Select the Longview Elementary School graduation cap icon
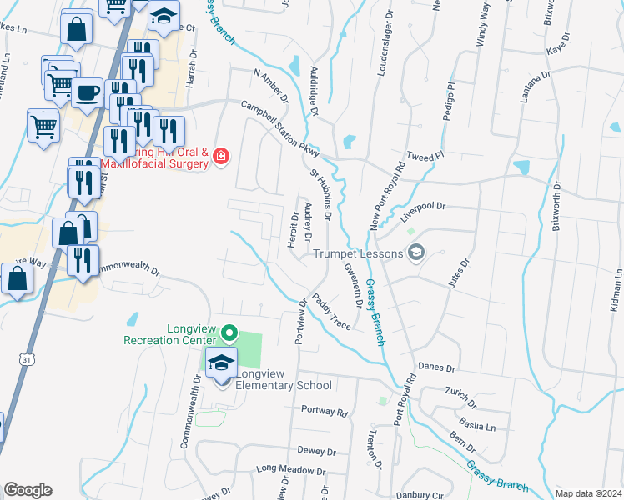click(x=222, y=362)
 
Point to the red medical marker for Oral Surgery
click(x=221, y=156)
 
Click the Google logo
click(x=28, y=490)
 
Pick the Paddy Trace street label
click(x=331, y=310)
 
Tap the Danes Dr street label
click(x=437, y=367)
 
